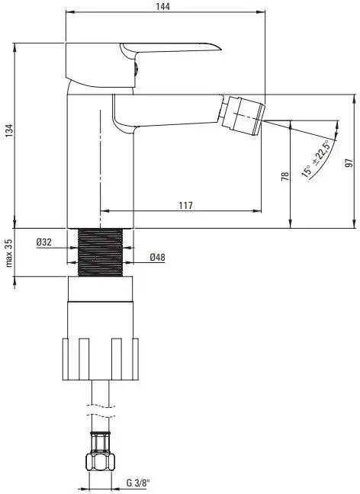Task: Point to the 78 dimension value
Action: point(284,175)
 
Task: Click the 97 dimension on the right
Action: point(349,162)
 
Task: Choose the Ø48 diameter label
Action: point(157,258)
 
